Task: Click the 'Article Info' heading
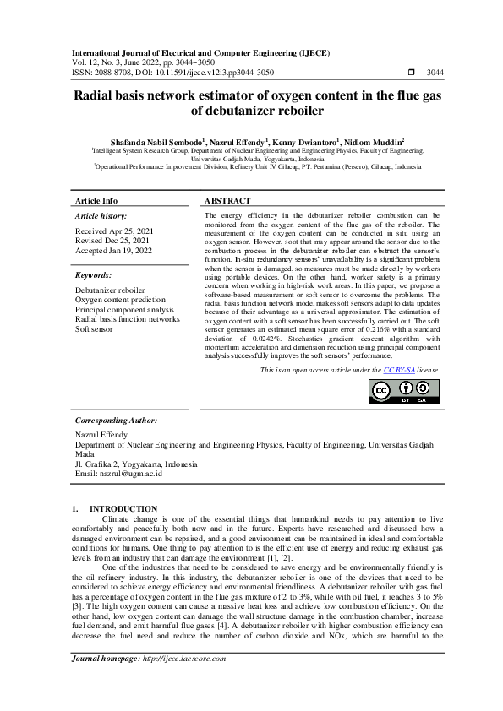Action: click(x=96, y=201)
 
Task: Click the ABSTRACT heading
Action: click(x=227, y=201)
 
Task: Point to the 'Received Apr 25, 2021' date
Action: click(x=115, y=231)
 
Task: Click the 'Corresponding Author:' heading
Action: click(x=117, y=420)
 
